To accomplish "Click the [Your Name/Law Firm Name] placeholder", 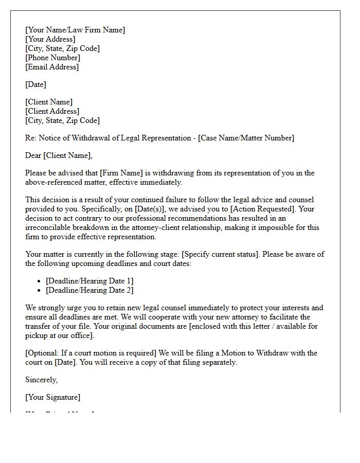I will click(x=75, y=30).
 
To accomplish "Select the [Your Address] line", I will click(x=50, y=39).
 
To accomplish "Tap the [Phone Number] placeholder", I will click(x=52, y=58).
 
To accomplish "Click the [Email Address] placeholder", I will click(x=52, y=67).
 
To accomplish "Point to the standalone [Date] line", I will click(x=35, y=84).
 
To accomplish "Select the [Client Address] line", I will click(x=52, y=111).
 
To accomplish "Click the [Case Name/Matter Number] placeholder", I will click(x=246, y=138).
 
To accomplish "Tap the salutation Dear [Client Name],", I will click(x=59, y=155).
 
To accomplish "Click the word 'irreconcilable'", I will click(x=49, y=227).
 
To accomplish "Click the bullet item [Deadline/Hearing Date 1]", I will click(x=89, y=281).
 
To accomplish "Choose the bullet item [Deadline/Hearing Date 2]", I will click(x=89, y=290).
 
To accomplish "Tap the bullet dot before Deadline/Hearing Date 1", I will click(x=40, y=281).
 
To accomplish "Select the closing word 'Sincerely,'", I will click(x=42, y=380).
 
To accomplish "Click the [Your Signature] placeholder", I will click(x=52, y=397).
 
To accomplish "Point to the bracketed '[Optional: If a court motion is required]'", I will click(x=91, y=353).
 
